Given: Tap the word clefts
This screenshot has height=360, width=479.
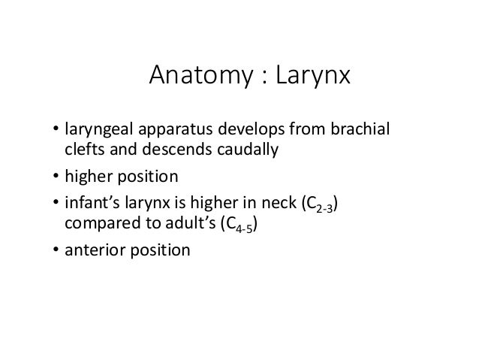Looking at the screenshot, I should (85, 149).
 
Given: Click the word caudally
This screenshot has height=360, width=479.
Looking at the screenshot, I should (240, 149).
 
